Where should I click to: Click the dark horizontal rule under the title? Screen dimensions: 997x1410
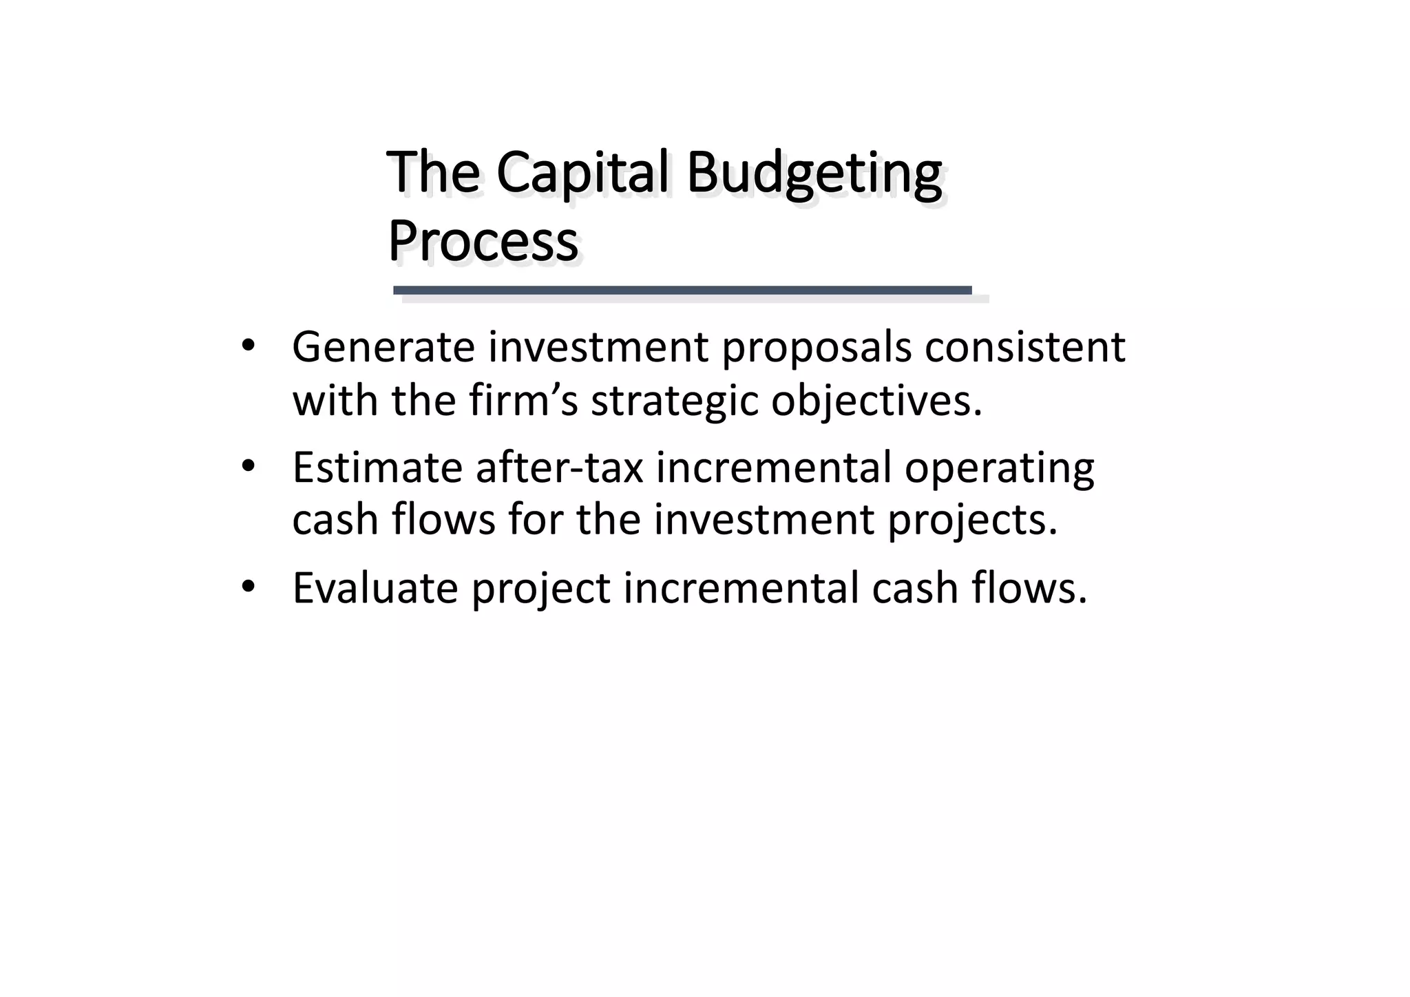pos(682,291)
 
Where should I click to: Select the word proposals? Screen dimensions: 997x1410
pos(815,348)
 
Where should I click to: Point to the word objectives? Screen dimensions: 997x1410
pos(876,401)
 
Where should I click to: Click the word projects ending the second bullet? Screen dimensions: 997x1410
pos(971,521)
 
